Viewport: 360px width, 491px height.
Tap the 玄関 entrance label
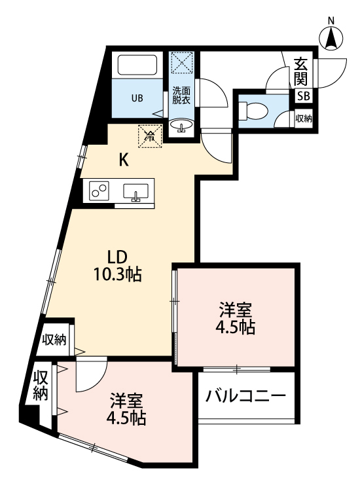click(300, 71)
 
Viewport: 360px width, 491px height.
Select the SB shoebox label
click(304, 96)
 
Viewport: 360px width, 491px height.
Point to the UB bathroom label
click(136, 99)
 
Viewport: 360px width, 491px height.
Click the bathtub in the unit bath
click(137, 66)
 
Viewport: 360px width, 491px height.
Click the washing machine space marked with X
click(181, 64)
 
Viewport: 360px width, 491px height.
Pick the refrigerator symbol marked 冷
click(149, 136)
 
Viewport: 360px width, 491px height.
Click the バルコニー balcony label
click(245, 396)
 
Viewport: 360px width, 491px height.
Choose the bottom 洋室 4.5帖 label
click(128, 408)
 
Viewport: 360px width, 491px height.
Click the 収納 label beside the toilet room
click(304, 118)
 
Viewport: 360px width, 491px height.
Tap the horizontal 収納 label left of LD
click(54, 339)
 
